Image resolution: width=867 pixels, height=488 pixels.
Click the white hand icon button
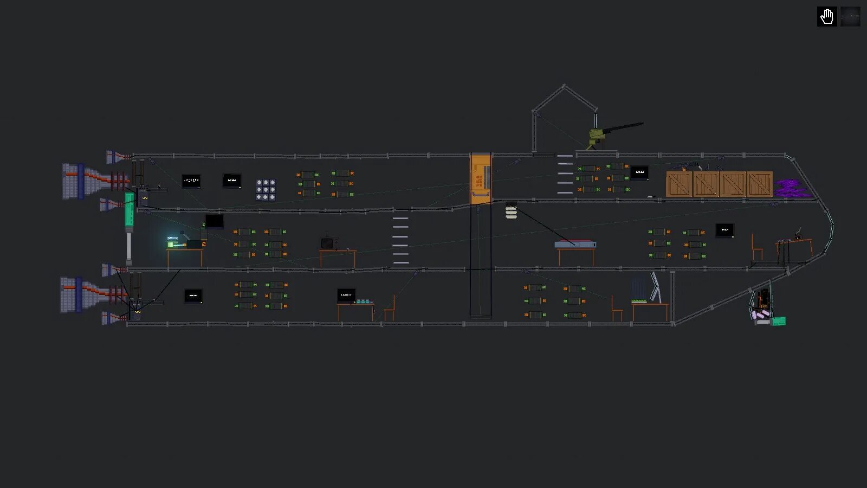[x=826, y=17]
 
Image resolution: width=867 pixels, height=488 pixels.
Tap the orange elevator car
[x=480, y=179]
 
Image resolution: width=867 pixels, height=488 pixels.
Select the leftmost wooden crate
[x=679, y=184]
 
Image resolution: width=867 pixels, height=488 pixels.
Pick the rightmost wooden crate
[x=759, y=184]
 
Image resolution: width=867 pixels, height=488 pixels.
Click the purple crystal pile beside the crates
[x=792, y=189]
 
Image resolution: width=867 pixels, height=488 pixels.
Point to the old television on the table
[x=329, y=243]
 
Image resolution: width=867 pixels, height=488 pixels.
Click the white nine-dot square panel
[x=266, y=190]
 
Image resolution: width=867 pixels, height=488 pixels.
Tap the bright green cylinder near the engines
[x=130, y=209]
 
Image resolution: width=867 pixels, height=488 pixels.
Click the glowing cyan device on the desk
[x=174, y=241]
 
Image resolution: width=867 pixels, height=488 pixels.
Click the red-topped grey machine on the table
[x=575, y=245]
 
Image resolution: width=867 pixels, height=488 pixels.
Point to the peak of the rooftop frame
[x=564, y=86]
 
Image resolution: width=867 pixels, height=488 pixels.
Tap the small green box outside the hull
[x=779, y=322]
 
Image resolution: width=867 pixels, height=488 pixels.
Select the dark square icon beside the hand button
[x=850, y=17]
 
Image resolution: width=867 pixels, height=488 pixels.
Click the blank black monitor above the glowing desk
[x=214, y=221]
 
